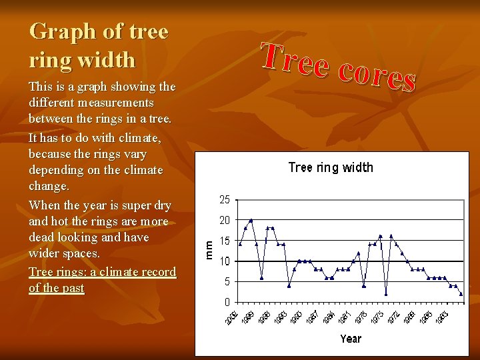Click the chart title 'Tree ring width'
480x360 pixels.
330,167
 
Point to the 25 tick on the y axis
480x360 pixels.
225,199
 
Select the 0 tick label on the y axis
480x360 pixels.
227,302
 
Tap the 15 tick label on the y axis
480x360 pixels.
225,241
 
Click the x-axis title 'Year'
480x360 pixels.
351,339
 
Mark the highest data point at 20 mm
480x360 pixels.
251,220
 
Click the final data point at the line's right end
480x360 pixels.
461,294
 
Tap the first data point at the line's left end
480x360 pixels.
240,244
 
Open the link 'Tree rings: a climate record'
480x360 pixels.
102,272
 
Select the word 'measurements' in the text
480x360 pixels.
115,103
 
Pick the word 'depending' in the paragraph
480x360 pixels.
56,170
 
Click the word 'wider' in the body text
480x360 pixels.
44,254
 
